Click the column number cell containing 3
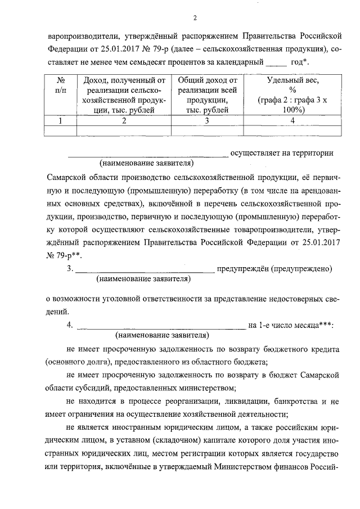[x=207, y=120]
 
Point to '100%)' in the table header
[x=293, y=111]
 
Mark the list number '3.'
[x=70, y=269]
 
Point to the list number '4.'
[x=70, y=325]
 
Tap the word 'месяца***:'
[x=310, y=325]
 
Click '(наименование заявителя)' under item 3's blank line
[x=143, y=278]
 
